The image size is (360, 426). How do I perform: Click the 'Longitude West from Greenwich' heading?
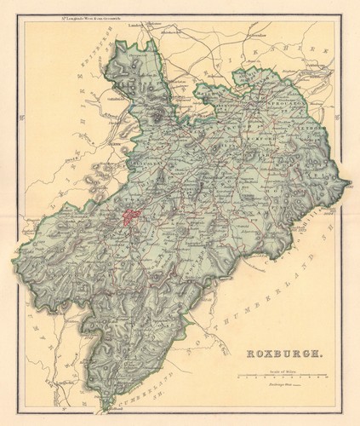84,15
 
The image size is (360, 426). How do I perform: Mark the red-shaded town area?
132,218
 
